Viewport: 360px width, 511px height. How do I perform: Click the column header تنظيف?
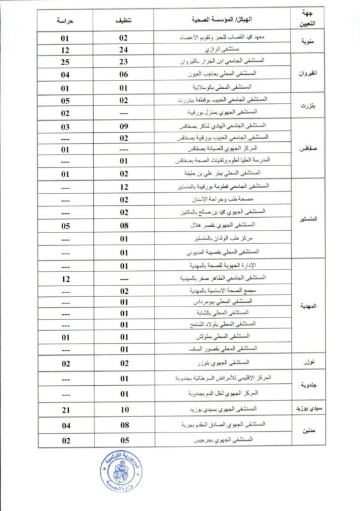[124, 20]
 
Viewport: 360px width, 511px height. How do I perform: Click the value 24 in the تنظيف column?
[124, 49]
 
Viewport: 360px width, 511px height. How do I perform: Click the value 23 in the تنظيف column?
[124, 62]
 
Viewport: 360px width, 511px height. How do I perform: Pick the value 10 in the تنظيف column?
[124, 408]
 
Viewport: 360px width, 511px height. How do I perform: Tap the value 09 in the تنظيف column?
[124, 126]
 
